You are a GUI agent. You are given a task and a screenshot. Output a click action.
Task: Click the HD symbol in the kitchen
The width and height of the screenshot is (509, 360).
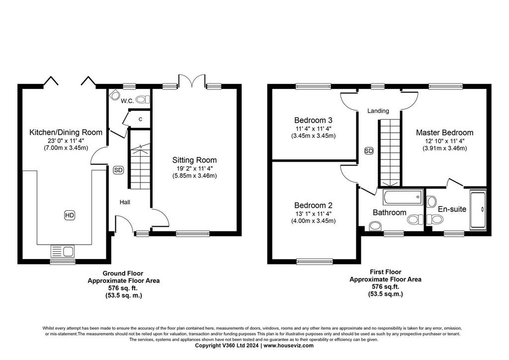click(x=70, y=215)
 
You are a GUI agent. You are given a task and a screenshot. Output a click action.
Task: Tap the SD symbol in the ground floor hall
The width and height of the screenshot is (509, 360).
click(x=118, y=170)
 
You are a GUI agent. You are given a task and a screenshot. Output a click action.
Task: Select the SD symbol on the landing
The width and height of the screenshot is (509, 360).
click(x=369, y=151)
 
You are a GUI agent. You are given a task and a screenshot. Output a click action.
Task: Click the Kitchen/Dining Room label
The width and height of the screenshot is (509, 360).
click(x=66, y=132)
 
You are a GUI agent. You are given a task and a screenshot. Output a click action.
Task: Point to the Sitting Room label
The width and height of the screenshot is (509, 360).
click(x=194, y=160)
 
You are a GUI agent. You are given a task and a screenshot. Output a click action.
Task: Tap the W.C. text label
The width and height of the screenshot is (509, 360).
click(x=127, y=101)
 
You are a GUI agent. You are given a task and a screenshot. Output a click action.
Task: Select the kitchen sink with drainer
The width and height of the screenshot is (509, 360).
click(x=63, y=251)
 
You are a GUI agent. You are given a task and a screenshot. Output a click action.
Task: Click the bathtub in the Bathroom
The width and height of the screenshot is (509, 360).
click(x=403, y=197)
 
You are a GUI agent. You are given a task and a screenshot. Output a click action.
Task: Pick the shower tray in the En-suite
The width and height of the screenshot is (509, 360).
click(x=478, y=210)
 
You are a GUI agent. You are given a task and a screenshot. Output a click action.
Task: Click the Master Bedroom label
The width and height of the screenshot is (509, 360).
click(x=444, y=132)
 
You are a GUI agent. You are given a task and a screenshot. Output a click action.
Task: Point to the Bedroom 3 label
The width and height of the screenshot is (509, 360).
click(x=313, y=120)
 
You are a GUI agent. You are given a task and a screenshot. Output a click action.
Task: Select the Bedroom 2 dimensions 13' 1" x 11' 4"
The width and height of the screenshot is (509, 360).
click(x=313, y=214)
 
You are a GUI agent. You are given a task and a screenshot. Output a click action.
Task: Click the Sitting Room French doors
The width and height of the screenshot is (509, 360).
click(x=191, y=81)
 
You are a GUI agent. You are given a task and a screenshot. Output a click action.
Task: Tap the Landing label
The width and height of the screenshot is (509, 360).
click(x=378, y=111)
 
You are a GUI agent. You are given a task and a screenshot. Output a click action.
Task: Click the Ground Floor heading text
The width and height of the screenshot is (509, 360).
click(x=123, y=273)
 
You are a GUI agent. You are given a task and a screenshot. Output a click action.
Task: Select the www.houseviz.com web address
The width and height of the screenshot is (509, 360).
click(x=289, y=346)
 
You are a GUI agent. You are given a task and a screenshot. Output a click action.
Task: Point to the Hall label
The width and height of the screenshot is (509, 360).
click(x=125, y=202)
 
